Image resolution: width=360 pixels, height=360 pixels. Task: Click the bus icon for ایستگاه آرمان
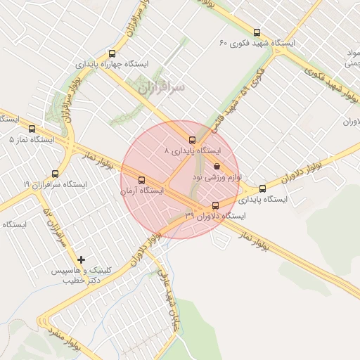coord(143,179)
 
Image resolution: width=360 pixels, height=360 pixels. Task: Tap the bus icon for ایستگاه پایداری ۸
coord(192,139)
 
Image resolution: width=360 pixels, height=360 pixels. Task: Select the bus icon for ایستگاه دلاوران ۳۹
coord(216,205)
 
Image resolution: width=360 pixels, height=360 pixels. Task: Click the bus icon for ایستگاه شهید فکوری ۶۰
coord(257,32)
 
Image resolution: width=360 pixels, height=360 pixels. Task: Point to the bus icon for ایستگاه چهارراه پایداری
coord(112,53)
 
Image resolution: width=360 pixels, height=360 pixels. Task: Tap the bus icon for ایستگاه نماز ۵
coord(32,129)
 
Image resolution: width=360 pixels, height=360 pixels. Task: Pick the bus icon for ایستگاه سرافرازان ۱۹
coord(56,174)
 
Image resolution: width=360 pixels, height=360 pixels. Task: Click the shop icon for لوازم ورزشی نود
coord(217,167)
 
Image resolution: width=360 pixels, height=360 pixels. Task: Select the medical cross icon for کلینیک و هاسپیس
coord(82,260)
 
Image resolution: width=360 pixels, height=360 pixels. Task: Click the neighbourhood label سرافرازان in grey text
coord(161,88)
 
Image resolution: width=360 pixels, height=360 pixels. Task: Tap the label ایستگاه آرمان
coord(141,191)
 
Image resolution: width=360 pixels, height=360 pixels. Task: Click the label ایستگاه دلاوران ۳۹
coord(215,216)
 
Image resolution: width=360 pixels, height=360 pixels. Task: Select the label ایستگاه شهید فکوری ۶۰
coord(257,44)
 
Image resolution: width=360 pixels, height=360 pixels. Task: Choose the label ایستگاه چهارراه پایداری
coord(112,64)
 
